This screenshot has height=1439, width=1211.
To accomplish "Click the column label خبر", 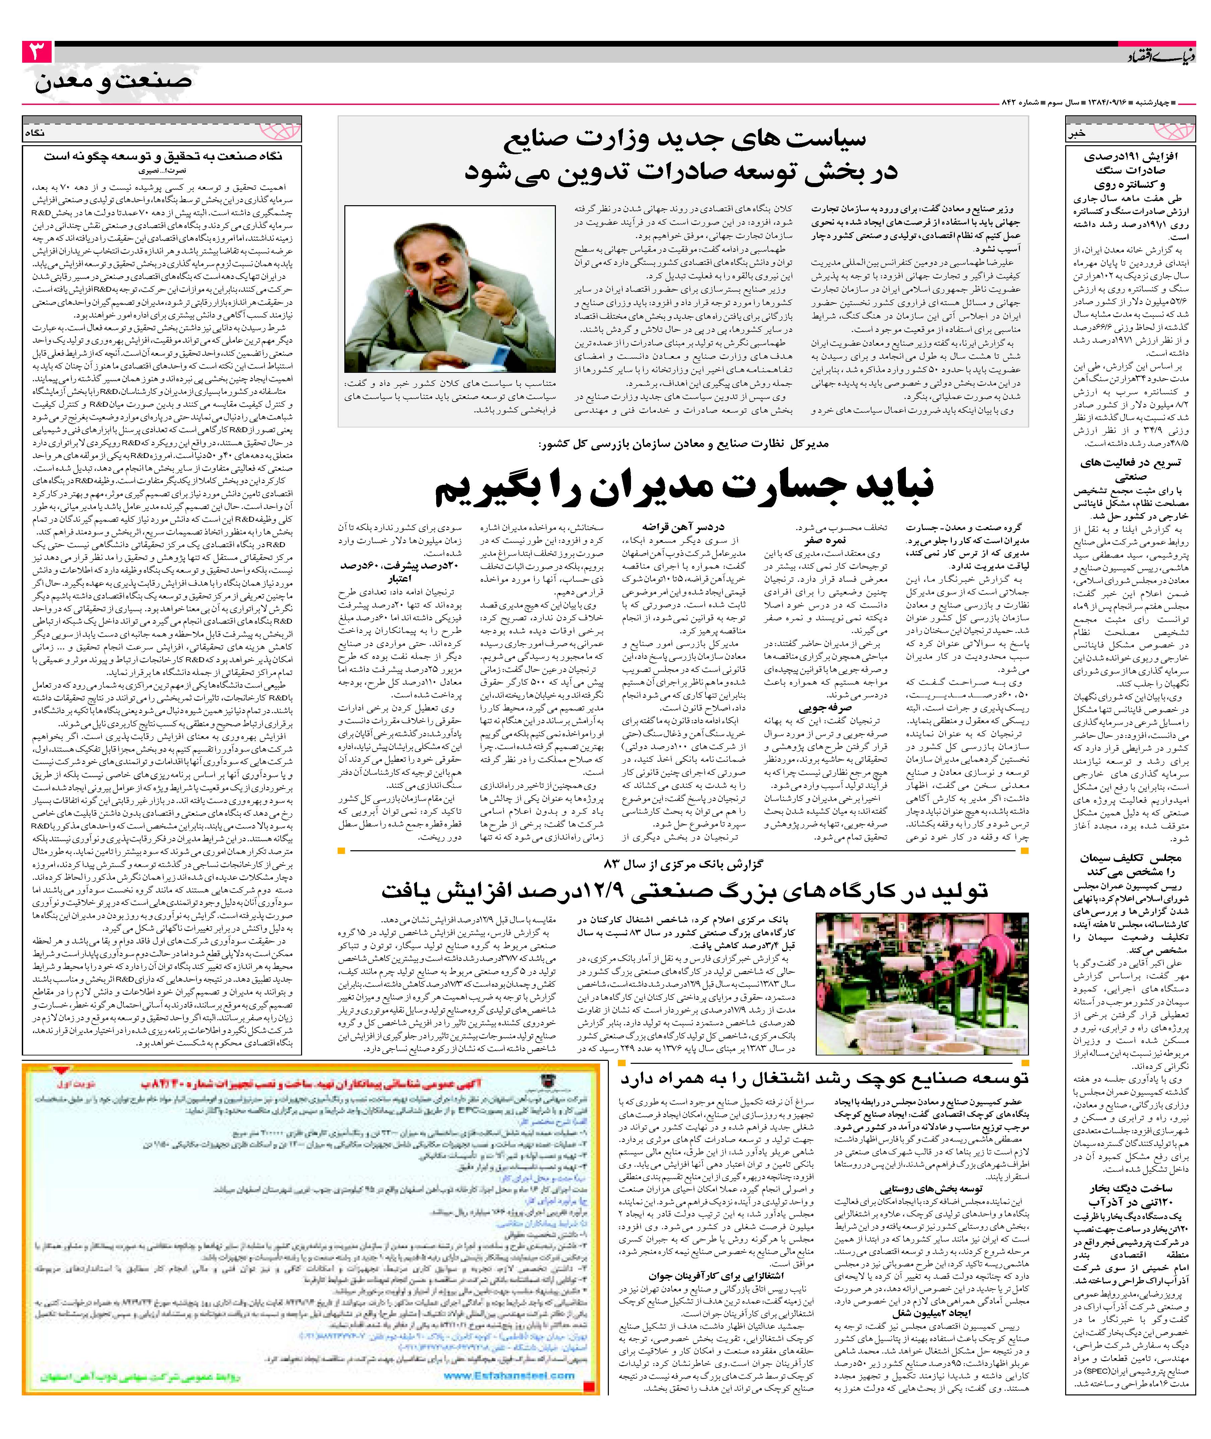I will pos(1077,134).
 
